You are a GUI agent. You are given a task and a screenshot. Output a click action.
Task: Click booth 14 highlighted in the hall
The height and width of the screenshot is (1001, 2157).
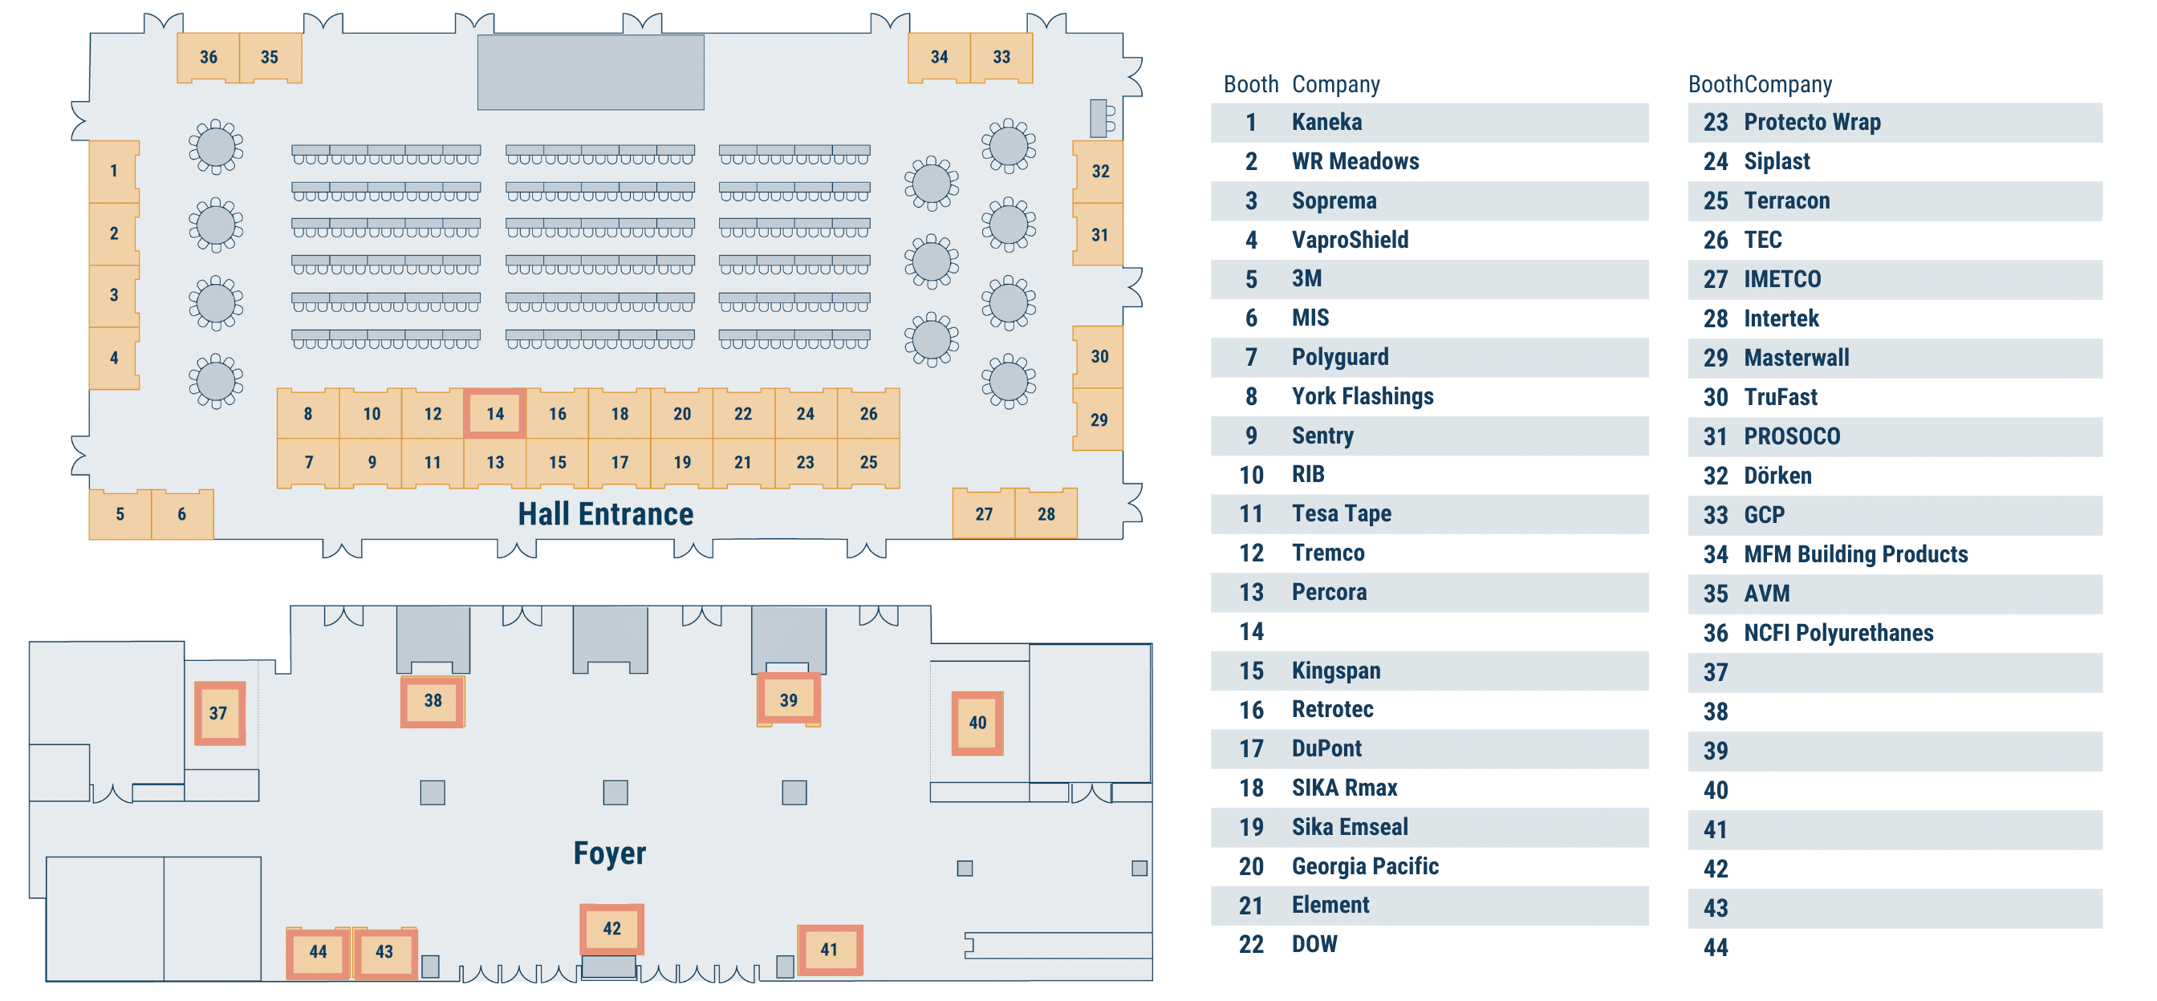click(495, 413)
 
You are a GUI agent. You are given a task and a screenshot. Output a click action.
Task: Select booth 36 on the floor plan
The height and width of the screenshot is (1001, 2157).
click(209, 57)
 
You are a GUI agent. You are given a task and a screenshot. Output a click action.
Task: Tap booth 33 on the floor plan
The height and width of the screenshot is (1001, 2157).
click(1001, 57)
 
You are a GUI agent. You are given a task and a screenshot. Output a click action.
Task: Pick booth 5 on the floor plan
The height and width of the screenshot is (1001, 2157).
click(120, 514)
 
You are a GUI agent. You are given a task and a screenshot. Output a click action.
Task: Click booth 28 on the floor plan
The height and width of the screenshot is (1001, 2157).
click(1046, 514)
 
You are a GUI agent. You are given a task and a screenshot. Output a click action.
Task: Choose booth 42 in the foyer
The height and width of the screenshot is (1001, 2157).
click(612, 928)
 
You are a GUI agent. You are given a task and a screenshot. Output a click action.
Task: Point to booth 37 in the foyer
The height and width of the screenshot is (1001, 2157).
click(218, 713)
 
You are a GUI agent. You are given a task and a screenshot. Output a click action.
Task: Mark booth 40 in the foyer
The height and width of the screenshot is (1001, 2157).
click(977, 723)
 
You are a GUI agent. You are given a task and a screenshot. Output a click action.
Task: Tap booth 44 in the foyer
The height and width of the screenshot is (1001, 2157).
click(319, 951)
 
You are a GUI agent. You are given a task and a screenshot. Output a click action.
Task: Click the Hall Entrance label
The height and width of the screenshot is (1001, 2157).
click(605, 514)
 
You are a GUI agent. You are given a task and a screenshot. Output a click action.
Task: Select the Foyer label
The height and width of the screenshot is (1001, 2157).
click(610, 853)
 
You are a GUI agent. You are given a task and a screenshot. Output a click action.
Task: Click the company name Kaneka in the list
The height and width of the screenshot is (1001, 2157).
click(1326, 122)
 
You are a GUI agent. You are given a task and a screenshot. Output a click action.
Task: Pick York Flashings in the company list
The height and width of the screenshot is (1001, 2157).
click(1363, 396)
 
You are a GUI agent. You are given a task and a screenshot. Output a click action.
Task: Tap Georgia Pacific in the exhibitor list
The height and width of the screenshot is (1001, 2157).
click(1365, 866)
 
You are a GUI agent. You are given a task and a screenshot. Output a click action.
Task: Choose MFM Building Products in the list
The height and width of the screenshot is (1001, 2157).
click(1855, 554)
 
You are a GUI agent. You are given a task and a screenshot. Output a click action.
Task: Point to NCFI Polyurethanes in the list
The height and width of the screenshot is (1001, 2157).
click(1838, 633)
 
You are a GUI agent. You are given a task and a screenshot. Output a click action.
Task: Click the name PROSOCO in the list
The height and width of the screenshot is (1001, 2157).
click(1792, 436)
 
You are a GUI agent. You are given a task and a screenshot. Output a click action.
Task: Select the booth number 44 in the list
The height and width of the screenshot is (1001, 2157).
click(1715, 947)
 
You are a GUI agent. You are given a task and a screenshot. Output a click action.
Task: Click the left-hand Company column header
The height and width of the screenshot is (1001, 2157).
click(1335, 83)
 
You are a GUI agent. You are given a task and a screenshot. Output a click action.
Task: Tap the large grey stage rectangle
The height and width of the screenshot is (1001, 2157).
click(591, 72)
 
